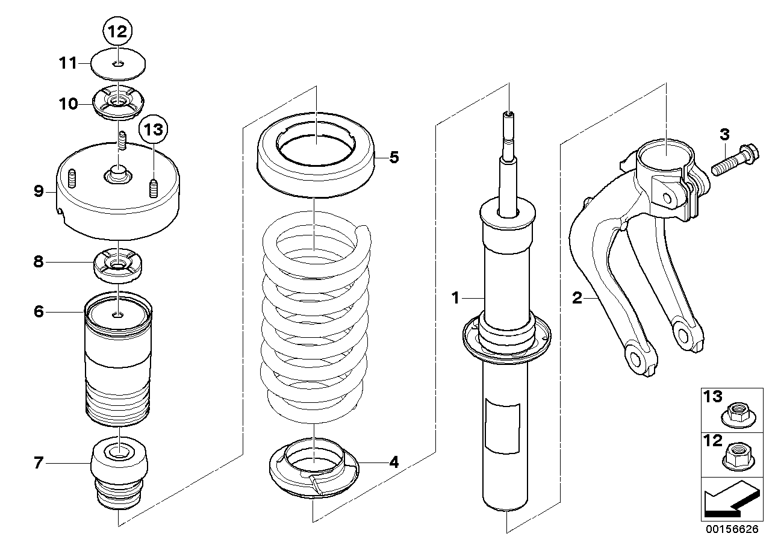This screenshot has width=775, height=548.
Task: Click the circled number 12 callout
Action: [x=118, y=31]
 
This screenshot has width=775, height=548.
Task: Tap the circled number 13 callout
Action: [x=153, y=129]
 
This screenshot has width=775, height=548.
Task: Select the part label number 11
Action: [x=67, y=62]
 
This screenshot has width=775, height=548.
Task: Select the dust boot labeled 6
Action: [x=119, y=361]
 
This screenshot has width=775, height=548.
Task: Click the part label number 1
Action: [x=456, y=297]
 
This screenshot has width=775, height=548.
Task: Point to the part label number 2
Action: [x=577, y=297]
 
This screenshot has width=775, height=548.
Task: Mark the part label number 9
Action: [x=39, y=192]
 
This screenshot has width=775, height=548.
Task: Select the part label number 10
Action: [x=68, y=104]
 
